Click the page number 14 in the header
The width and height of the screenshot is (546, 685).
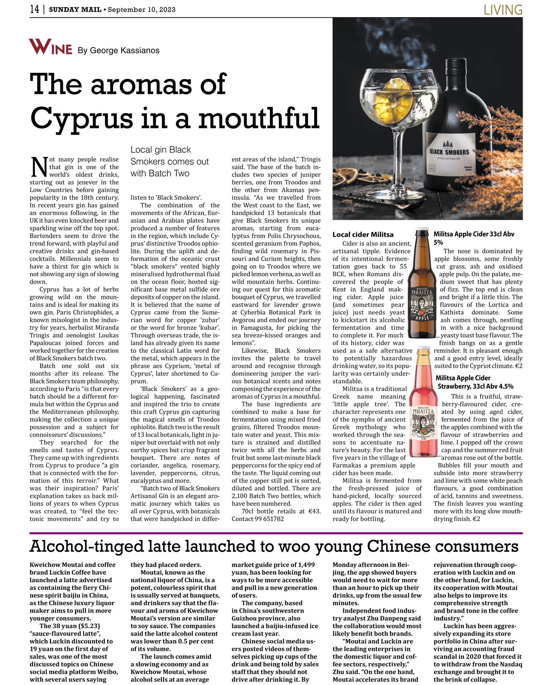(35, 9)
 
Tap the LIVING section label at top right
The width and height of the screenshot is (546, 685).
(503, 10)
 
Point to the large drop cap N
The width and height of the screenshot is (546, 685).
(39, 167)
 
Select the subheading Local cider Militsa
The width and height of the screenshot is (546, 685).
(363, 235)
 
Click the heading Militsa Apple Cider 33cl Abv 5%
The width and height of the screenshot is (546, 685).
(474, 238)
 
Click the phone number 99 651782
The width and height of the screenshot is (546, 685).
(269, 519)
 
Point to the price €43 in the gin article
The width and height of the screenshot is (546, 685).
(314, 511)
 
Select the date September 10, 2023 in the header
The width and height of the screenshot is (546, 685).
(142, 9)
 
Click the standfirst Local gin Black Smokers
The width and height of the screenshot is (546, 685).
(170, 161)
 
